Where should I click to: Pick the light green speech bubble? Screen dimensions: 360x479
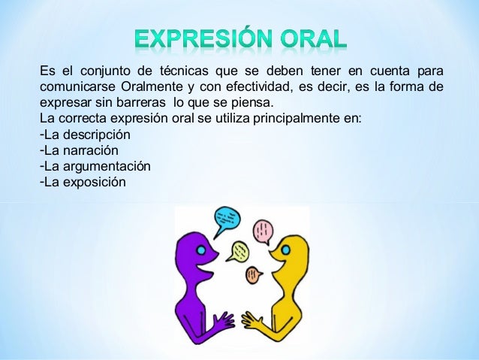[x=237, y=249]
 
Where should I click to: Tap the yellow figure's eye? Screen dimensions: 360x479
[x=286, y=250]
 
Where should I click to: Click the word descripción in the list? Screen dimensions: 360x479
[x=95, y=135]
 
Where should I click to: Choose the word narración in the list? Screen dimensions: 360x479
[x=90, y=150]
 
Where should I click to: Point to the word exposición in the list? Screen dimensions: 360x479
[x=94, y=181]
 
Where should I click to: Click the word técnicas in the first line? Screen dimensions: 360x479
[x=184, y=72]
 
